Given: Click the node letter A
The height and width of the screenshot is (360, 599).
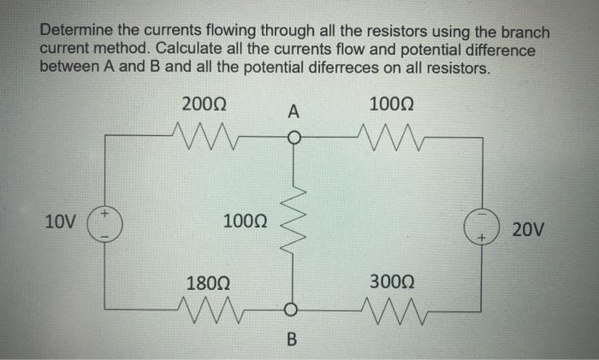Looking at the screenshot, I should pos(294,111).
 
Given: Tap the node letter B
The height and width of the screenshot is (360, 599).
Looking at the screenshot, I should pos(293,341).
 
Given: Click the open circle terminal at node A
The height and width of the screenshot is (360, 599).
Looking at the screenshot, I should pos(293,136).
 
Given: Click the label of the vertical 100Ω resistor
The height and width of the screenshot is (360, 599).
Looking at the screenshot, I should pos(245,223).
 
